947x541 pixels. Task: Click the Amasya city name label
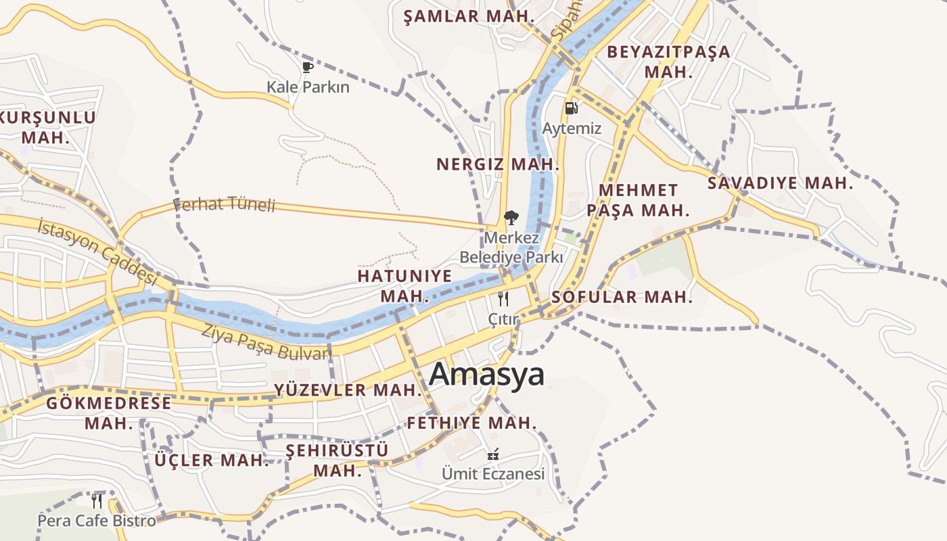point(486,374)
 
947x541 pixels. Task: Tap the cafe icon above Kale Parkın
point(308,67)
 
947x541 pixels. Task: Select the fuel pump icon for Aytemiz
point(572,108)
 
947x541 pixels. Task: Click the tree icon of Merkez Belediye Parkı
point(511,218)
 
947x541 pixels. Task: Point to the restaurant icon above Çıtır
point(503,299)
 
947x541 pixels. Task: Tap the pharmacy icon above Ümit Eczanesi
point(493,454)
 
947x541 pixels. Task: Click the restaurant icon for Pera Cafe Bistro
point(97,501)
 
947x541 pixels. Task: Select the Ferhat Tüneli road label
point(225,204)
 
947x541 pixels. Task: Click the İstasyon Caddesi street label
point(97,251)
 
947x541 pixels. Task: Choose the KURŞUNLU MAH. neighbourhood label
point(47,127)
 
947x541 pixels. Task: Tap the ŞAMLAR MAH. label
point(469,17)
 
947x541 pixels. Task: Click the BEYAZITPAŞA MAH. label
point(668,62)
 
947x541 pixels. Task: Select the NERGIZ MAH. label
point(497,164)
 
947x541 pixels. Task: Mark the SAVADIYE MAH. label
point(780,183)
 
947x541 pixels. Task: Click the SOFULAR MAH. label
point(622,297)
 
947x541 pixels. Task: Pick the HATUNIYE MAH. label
point(405,285)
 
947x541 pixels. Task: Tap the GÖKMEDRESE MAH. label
point(109,413)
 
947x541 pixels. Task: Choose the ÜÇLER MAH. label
point(212,461)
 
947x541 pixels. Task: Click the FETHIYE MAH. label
point(471,423)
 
